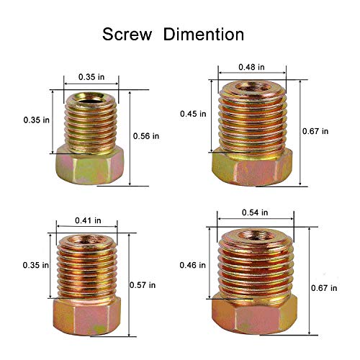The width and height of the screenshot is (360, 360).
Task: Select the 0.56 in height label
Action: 146,135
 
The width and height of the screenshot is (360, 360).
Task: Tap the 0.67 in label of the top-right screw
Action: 315,131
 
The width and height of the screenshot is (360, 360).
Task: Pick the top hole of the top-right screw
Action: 251,90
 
